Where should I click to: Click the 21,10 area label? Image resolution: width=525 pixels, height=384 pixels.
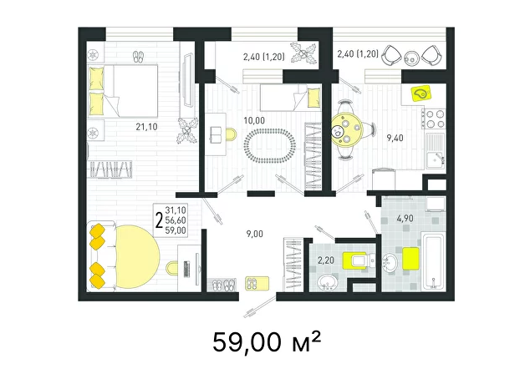(x=146, y=127)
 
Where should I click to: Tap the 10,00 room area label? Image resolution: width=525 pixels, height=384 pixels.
(x=254, y=121)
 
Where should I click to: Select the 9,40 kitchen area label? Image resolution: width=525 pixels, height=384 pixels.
(x=395, y=138)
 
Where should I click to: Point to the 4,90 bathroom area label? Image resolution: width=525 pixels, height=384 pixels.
(x=405, y=219)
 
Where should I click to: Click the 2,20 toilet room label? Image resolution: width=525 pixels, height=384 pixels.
(x=326, y=260)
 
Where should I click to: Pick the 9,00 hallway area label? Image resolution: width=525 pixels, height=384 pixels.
(x=254, y=234)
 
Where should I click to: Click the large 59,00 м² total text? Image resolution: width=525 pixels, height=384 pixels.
(x=267, y=342)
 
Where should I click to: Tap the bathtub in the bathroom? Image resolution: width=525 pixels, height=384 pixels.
(x=433, y=261)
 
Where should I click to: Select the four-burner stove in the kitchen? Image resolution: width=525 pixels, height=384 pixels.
(x=434, y=119)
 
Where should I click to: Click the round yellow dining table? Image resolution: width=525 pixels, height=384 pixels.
(x=346, y=130)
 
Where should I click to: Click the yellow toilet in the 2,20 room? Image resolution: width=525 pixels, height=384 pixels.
(x=358, y=260)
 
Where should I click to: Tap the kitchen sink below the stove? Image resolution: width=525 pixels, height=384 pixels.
(x=436, y=150)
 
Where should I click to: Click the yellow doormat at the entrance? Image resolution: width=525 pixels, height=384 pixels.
(x=257, y=283)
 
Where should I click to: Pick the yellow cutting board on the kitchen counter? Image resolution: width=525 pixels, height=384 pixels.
(x=421, y=93)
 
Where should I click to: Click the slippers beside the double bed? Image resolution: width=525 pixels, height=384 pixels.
(x=138, y=57)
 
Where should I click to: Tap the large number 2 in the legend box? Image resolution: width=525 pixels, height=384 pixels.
(x=160, y=220)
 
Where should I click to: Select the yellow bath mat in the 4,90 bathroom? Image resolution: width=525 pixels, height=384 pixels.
(x=410, y=258)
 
